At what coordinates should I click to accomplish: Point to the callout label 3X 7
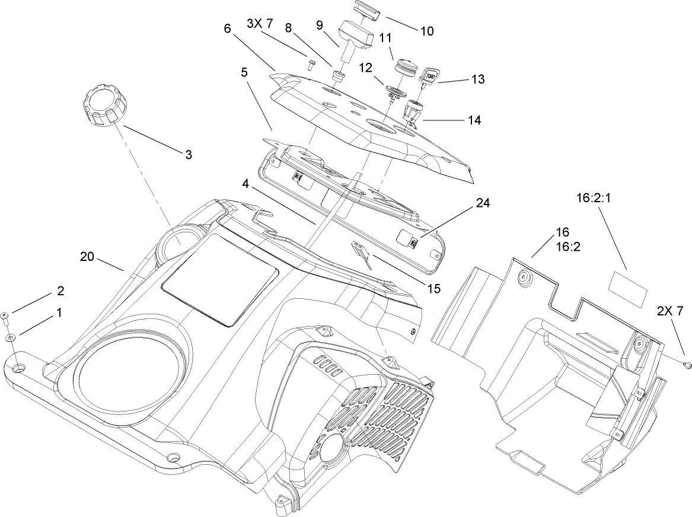259,24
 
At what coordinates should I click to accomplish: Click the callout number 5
245,72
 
